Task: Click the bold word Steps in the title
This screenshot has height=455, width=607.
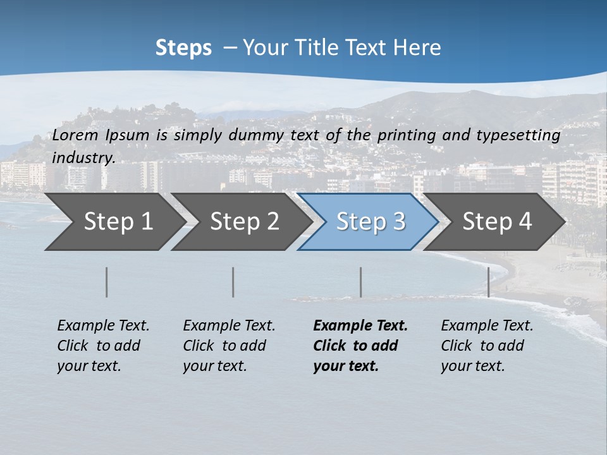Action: (183, 48)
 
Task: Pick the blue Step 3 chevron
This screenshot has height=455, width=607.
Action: (371, 222)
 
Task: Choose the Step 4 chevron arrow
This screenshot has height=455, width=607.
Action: (497, 222)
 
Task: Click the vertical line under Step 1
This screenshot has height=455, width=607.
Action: (107, 282)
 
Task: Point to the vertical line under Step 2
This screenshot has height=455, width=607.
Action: (233, 282)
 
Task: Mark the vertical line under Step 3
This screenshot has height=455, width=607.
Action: (360, 282)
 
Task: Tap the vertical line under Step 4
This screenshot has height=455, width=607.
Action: (488, 282)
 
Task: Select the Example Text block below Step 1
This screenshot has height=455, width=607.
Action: (103, 346)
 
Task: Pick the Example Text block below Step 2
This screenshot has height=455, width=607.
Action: (229, 346)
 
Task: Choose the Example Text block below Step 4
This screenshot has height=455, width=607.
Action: (487, 346)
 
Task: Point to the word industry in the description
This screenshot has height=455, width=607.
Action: (83, 157)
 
